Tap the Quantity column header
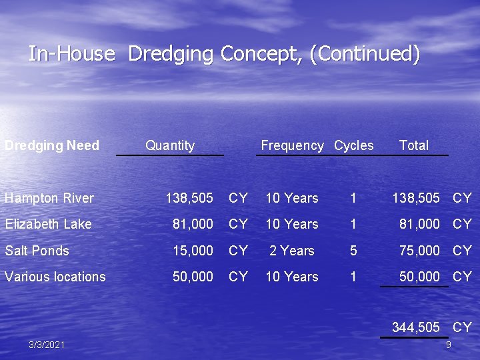click(x=170, y=145)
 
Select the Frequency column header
click(x=292, y=145)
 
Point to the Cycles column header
click(x=353, y=145)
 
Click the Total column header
click(x=413, y=145)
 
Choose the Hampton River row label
click(x=49, y=198)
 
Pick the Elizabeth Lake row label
click(x=48, y=224)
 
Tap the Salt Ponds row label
click(x=37, y=251)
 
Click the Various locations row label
click(x=55, y=277)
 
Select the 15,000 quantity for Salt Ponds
click(x=193, y=251)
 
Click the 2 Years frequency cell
click(x=291, y=251)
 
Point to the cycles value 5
click(x=353, y=251)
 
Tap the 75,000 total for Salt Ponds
click(x=419, y=251)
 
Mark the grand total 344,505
click(x=416, y=327)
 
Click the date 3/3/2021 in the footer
click(x=47, y=345)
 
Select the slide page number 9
click(x=449, y=345)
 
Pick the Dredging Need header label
click(x=52, y=145)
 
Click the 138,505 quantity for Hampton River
click(x=189, y=198)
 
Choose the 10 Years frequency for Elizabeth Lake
click(x=291, y=224)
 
